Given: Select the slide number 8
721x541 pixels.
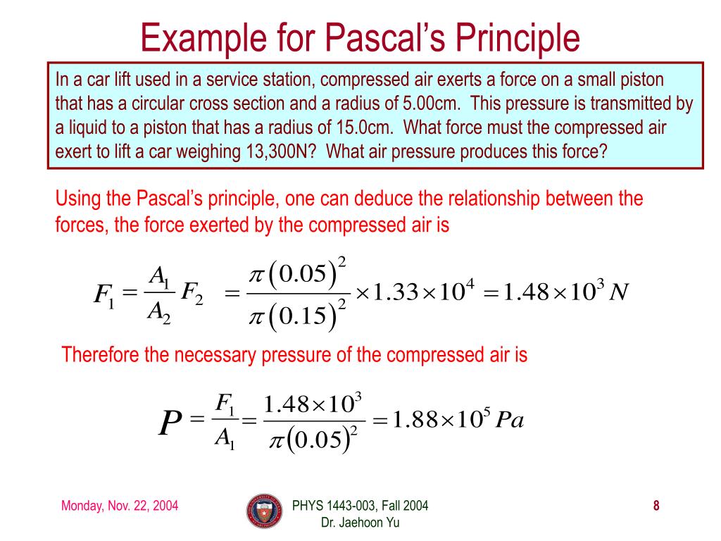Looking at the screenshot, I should (656, 505).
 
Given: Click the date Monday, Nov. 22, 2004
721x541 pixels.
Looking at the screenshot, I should (120, 506).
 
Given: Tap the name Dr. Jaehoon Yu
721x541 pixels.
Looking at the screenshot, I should (360, 522).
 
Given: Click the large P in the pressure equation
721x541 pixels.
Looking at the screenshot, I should (170, 424).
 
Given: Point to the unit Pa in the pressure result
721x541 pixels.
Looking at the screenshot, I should (510, 421).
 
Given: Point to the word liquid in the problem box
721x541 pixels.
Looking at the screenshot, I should (89, 128).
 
